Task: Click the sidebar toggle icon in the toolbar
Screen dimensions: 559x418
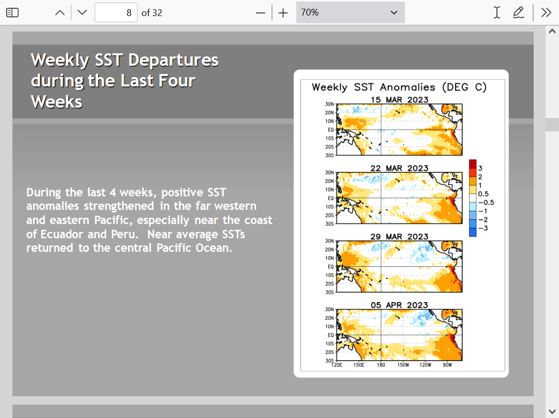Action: click(x=12, y=12)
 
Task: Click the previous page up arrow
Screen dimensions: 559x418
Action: click(x=60, y=13)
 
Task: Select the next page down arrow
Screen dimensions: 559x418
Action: click(x=82, y=12)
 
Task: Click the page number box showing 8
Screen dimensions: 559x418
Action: click(x=116, y=13)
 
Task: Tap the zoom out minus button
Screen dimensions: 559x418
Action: click(x=261, y=13)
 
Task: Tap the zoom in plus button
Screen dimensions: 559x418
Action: click(x=283, y=13)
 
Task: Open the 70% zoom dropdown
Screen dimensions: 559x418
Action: click(x=351, y=12)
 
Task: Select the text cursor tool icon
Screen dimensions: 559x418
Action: click(x=496, y=12)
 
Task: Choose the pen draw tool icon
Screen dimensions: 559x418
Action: click(x=518, y=12)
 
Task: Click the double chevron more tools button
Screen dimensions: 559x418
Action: click(x=546, y=12)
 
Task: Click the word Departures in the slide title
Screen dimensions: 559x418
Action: click(x=173, y=60)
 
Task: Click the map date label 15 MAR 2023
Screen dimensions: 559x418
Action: click(x=399, y=99)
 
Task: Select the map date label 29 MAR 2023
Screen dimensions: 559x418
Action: click(x=399, y=236)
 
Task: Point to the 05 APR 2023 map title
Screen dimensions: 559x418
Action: click(x=399, y=305)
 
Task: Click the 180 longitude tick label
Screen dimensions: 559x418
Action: click(x=381, y=365)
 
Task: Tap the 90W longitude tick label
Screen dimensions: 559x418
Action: click(x=447, y=365)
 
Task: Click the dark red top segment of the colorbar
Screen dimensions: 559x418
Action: click(x=473, y=163)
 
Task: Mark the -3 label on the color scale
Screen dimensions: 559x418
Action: click(x=483, y=228)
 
